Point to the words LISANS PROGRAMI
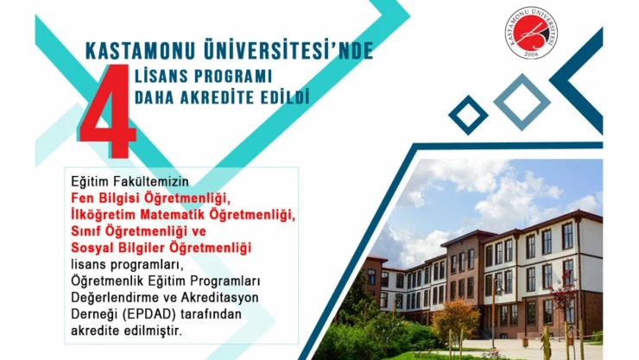coord(203,75)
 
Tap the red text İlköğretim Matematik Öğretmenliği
coord(182,214)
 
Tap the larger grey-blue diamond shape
coord(521,101)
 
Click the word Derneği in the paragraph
coord(94,313)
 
